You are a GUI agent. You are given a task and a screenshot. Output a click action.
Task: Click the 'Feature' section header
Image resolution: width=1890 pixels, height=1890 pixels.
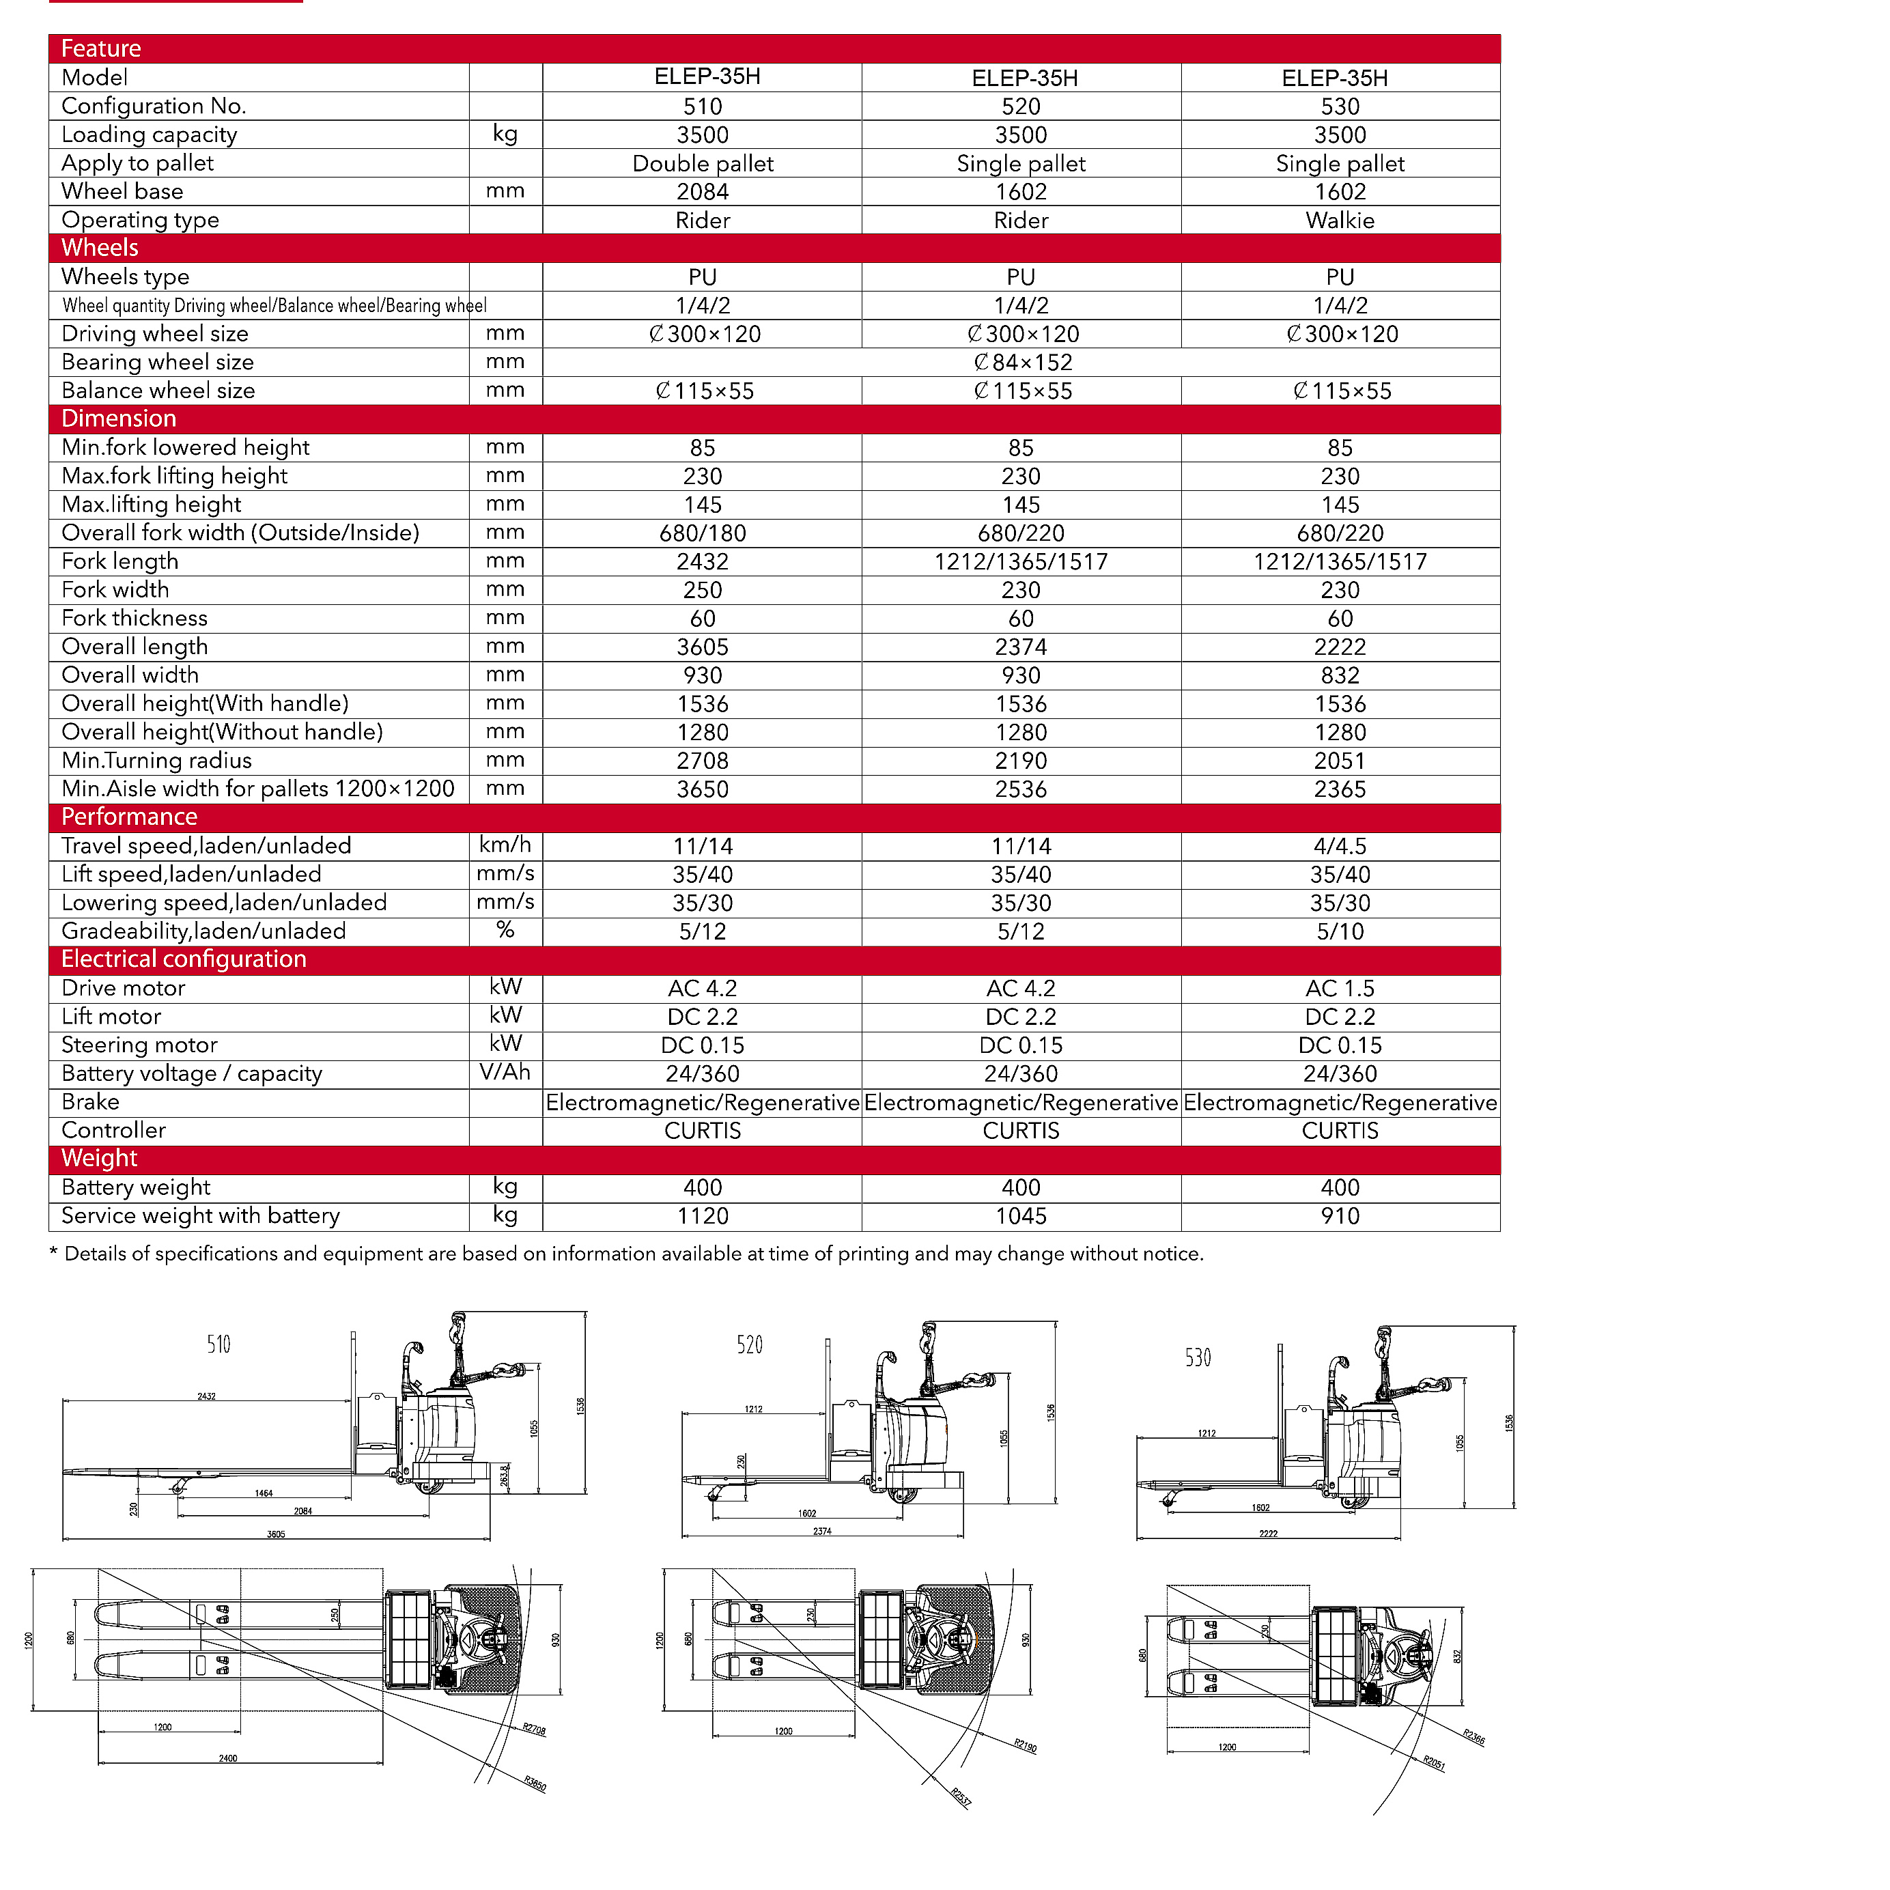click(x=101, y=49)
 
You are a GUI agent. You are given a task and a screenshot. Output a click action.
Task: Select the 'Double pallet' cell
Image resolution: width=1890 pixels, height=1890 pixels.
click(x=703, y=163)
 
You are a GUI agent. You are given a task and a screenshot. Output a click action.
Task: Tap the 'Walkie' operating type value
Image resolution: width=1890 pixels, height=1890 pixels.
click(x=1339, y=220)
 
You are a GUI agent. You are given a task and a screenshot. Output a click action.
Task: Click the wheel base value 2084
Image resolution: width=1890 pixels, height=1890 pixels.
click(x=703, y=192)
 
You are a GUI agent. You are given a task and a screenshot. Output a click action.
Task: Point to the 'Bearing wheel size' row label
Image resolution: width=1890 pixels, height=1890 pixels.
click(x=158, y=362)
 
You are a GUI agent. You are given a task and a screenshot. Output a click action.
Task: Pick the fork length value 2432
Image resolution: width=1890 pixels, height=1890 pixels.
click(x=703, y=561)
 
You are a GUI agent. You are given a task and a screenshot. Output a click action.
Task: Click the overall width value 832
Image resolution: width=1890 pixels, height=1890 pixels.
click(x=1339, y=675)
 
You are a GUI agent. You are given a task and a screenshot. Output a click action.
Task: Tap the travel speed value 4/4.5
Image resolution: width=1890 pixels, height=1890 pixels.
click(x=1339, y=846)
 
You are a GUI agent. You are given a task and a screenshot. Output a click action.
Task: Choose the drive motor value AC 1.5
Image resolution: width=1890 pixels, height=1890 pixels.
click(x=1339, y=988)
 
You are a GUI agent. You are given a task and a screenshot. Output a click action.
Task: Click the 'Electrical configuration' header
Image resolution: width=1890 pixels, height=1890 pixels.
click(x=184, y=959)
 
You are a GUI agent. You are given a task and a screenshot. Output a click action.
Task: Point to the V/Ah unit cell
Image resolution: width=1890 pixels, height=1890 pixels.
click(x=505, y=1072)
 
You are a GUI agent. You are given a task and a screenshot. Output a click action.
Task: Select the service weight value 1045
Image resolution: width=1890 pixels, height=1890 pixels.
click(x=1020, y=1216)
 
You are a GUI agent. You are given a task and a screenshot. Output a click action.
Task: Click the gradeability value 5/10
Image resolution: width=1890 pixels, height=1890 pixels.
click(x=1339, y=931)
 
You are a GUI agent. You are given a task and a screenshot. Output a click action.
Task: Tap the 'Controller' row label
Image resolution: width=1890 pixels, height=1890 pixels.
click(x=113, y=1130)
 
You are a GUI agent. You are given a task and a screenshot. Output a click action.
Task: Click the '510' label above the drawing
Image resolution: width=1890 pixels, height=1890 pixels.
click(x=218, y=1344)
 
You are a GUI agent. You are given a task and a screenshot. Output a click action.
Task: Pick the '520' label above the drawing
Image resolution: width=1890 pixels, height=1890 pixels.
click(x=749, y=1345)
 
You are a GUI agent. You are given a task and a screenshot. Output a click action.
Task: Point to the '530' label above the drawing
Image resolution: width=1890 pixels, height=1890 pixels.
click(x=1198, y=1358)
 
